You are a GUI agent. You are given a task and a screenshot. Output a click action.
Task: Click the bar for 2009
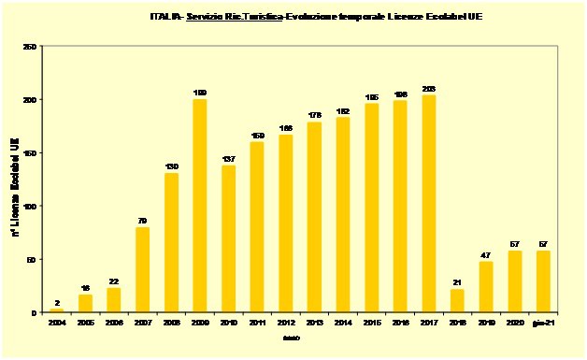tap(199, 206)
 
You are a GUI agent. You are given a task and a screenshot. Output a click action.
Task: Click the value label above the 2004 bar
tap(56, 303)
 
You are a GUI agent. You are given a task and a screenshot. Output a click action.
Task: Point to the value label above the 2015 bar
tap(371, 96)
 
